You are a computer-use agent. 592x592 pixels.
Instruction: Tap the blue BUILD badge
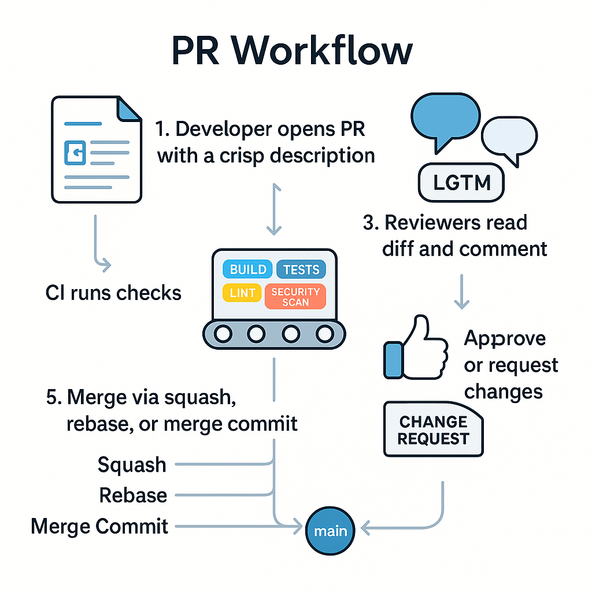tap(248, 269)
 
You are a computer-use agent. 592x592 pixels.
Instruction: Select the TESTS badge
tap(301, 269)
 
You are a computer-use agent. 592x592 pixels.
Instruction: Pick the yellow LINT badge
tap(242, 293)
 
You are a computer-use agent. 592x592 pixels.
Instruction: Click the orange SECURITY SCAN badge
tap(295, 297)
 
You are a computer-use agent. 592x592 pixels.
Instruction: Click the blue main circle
tap(330, 531)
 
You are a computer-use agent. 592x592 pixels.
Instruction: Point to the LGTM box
tap(461, 183)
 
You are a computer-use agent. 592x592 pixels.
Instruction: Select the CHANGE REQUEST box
tap(433, 430)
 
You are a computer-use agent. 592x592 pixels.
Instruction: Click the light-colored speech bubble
tap(509, 138)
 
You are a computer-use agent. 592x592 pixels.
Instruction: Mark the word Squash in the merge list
tap(132, 465)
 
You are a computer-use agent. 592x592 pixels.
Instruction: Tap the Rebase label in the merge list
tap(133, 495)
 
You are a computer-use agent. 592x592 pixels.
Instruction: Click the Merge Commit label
tap(99, 526)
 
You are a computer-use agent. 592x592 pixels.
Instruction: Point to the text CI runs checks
tap(113, 293)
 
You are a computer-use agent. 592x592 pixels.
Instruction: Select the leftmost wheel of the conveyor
tap(223, 334)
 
